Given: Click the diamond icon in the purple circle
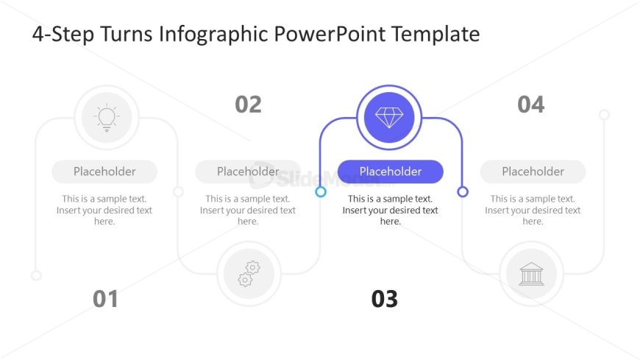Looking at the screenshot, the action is (389, 118).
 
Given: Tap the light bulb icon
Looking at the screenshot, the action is (107, 118).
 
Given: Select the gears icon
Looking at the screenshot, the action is (249, 274).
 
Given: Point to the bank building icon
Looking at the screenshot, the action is (531, 274).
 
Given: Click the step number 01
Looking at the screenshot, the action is (105, 299).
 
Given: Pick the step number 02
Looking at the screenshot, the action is (248, 105).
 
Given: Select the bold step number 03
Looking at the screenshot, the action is (385, 299).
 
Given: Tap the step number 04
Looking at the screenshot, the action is (531, 105).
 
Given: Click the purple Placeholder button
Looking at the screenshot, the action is (390, 172).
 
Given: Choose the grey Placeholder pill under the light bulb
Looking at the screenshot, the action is (104, 172).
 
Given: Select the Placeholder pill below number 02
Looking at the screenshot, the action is (248, 172).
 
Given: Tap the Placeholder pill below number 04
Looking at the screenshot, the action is (533, 172).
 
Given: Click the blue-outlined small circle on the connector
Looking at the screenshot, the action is (321, 191).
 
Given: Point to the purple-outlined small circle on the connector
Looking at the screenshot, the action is (463, 191).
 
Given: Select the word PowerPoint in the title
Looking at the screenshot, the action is (330, 34).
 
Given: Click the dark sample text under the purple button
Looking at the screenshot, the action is (390, 210).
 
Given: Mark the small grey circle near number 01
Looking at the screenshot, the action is (36, 276).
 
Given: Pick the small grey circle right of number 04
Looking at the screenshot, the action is (605, 114).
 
